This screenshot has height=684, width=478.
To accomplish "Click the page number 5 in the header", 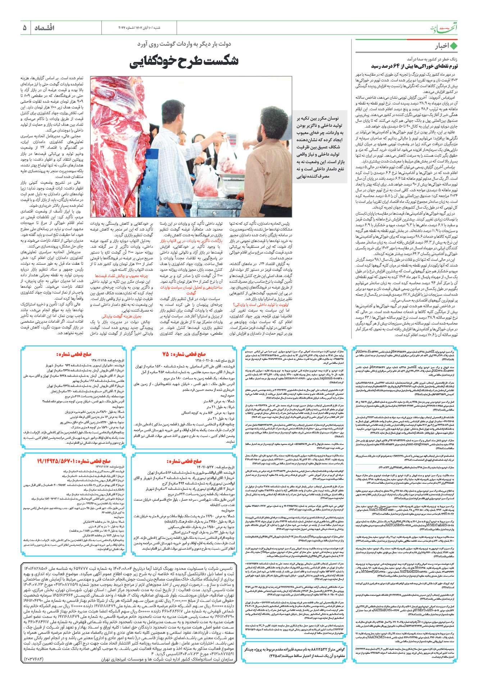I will tap(24, 28).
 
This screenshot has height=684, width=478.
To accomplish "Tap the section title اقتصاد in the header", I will tap(44, 28).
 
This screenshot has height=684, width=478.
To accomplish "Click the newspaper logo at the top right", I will tap(443, 27).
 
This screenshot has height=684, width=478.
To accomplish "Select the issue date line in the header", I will tap(139, 28).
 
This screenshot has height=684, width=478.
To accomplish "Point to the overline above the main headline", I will tap(184, 44).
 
